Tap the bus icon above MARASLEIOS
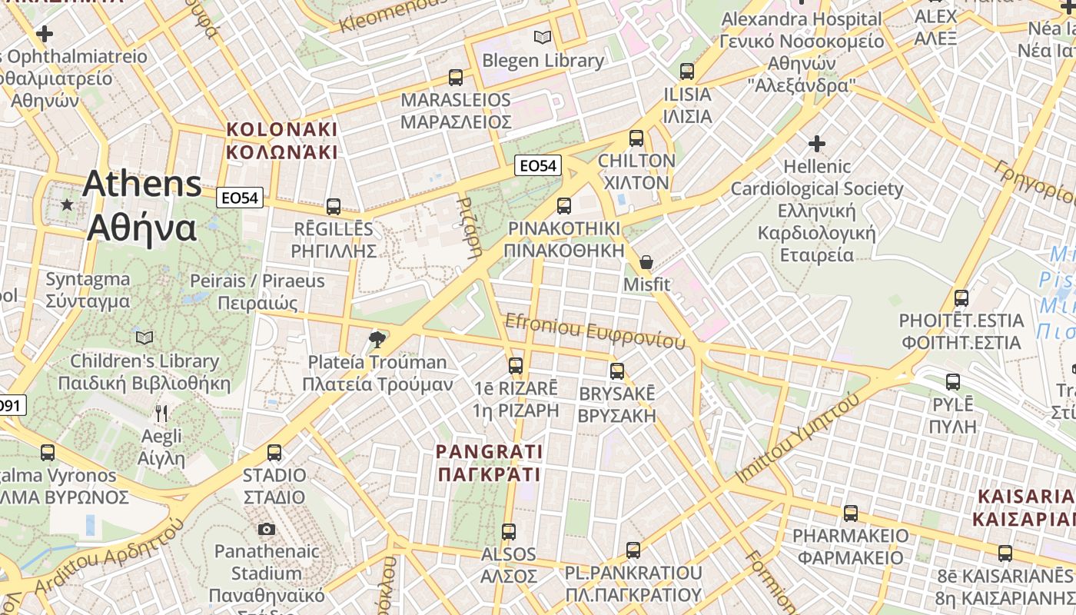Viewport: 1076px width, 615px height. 456,78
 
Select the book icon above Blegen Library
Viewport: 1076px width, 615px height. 543,37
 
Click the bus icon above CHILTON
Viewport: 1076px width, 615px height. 636,138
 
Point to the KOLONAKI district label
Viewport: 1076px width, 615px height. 282,140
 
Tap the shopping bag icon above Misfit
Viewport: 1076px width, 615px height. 646,262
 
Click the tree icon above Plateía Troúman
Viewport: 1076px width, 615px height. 377,339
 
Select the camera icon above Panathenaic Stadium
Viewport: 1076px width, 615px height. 267,529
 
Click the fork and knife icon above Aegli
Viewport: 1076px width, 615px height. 161,414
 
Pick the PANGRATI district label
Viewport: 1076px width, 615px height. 490,463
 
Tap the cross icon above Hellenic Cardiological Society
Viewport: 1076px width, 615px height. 816,144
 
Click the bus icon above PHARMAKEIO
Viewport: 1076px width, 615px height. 850,513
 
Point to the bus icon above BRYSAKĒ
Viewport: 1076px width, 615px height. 616,371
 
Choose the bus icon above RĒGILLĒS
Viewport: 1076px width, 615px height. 334,207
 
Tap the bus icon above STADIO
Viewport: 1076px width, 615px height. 274,453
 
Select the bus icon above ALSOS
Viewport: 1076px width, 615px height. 508,531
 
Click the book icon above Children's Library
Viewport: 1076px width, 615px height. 144,337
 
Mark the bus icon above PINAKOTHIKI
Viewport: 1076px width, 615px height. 564,205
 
